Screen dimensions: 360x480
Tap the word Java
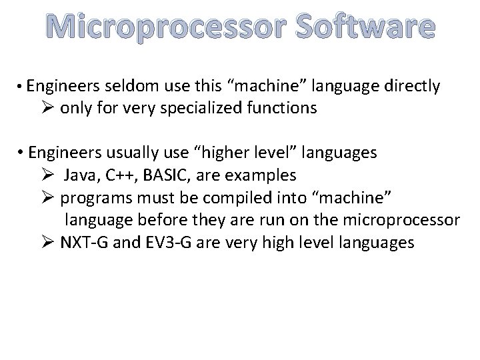(x=82, y=175)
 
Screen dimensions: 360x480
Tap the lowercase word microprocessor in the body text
(x=395, y=220)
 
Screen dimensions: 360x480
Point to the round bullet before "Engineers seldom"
(x=21, y=87)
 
